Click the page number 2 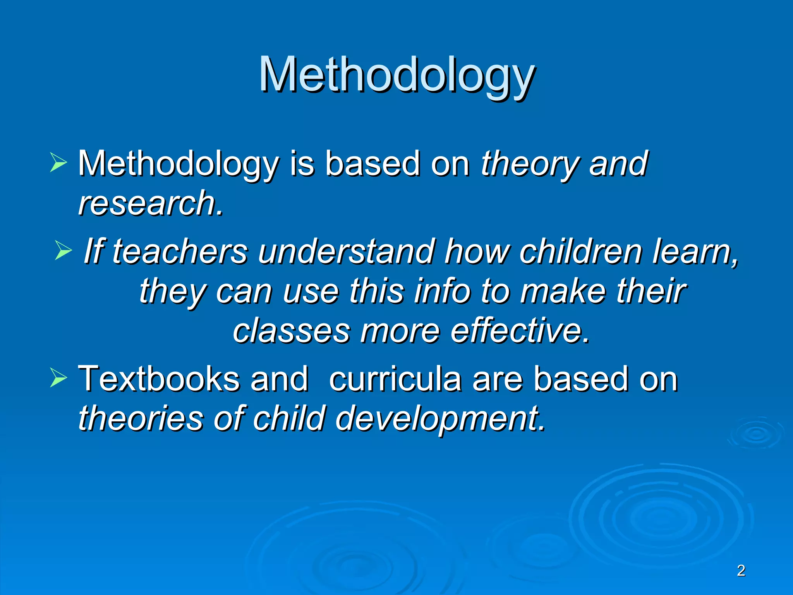741,571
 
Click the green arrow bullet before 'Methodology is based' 58,162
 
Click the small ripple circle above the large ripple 755,434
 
